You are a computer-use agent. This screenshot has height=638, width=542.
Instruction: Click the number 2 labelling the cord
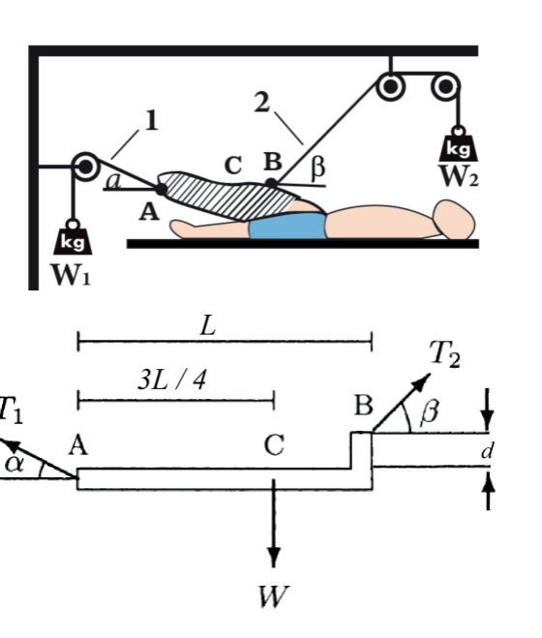[x=261, y=104]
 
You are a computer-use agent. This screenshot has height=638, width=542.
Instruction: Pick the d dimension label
[x=486, y=450]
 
